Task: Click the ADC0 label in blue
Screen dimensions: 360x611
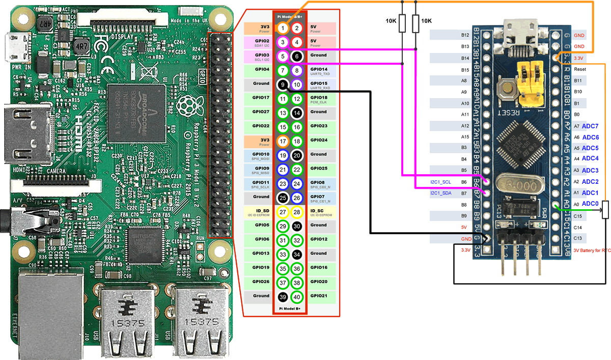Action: [590, 204]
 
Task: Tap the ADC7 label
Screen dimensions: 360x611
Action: [590, 126]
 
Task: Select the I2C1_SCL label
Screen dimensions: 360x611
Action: [440, 182]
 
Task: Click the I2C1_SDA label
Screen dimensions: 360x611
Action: [440, 193]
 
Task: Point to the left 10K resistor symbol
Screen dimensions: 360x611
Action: [402, 23]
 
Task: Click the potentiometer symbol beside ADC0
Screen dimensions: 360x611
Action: [605, 209]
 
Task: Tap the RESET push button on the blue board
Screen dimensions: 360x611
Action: [507, 90]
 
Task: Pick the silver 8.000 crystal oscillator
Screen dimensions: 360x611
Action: [510, 182]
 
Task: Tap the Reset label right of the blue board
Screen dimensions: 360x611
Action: [580, 69]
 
